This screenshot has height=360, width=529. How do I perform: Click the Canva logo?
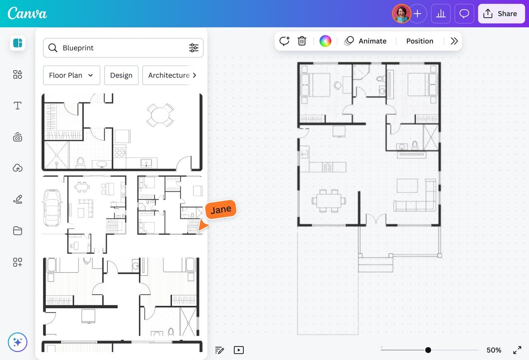pos(27,13)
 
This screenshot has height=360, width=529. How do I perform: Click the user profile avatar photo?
pos(401,14)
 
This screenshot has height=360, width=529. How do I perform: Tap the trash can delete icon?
pos(301,41)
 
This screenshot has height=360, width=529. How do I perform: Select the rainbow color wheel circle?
pos(325,41)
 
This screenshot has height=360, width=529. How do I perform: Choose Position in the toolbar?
pos(420,41)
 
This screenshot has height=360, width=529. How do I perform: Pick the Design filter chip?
pos(121,75)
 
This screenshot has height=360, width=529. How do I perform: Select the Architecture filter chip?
pos(172,75)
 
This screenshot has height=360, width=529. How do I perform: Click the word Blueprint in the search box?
pos(78,48)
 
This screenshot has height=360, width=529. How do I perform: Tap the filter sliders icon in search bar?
pos(194,48)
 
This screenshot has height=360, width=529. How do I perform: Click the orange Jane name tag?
pos(221,210)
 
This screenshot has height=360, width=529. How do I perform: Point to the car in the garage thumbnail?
pos(52,208)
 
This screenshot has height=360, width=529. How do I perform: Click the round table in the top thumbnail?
pos(160,115)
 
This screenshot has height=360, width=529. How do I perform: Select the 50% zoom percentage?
pos(494,350)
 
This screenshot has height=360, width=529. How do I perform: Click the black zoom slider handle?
pos(428,350)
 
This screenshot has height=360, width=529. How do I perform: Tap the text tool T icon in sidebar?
pos(17,106)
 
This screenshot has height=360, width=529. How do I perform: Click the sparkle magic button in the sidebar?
pos(17,342)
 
